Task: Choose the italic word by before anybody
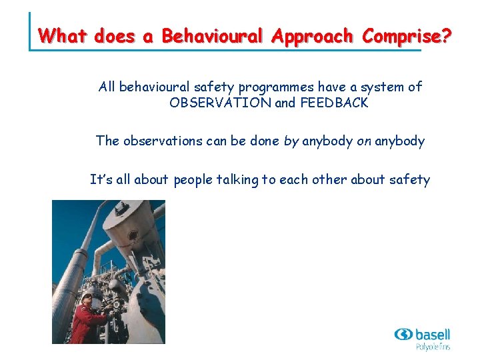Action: [x=290, y=141]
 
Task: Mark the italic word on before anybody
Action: [x=345, y=141]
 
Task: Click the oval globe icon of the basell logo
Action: [x=403, y=334]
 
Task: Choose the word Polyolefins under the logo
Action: [x=433, y=347]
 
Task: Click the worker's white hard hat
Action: [x=87, y=295]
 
